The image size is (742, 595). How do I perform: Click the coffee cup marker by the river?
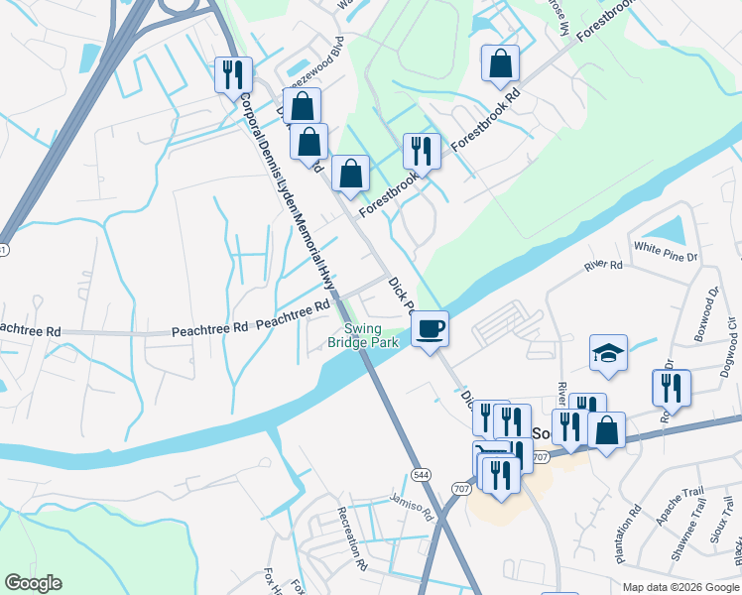pyautogui.click(x=430, y=328)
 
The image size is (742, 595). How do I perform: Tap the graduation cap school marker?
pyautogui.click(x=608, y=353)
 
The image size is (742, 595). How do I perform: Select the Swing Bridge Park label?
pyautogui.click(x=363, y=336)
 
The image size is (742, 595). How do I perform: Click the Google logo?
pyautogui.click(x=33, y=583)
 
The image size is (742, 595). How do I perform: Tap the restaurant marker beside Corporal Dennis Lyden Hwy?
pyautogui.click(x=233, y=73)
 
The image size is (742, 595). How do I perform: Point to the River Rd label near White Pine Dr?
pyautogui.click(x=603, y=266)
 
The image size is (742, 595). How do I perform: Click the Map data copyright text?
pyautogui.click(x=680, y=587)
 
